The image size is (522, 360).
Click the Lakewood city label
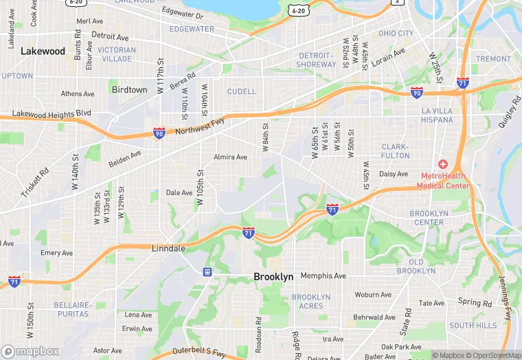tap(43, 51)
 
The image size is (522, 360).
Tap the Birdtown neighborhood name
tap(129, 90)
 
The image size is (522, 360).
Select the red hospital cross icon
tap(443, 164)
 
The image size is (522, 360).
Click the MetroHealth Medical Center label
tap(445, 181)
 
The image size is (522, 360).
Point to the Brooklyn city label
tap(273, 277)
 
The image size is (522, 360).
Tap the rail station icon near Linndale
tap(207, 271)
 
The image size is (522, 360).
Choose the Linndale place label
tap(168, 248)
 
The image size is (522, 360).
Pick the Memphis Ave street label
tap(324, 275)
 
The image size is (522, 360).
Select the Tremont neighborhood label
tap(494, 59)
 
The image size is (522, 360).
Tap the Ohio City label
tap(396, 33)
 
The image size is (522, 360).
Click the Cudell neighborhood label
tap(241, 91)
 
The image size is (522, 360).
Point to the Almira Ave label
tap(231, 157)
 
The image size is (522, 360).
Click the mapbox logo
tap(30, 351)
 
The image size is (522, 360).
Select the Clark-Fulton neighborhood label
tap(395, 151)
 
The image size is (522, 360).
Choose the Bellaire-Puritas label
tap(72, 308)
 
